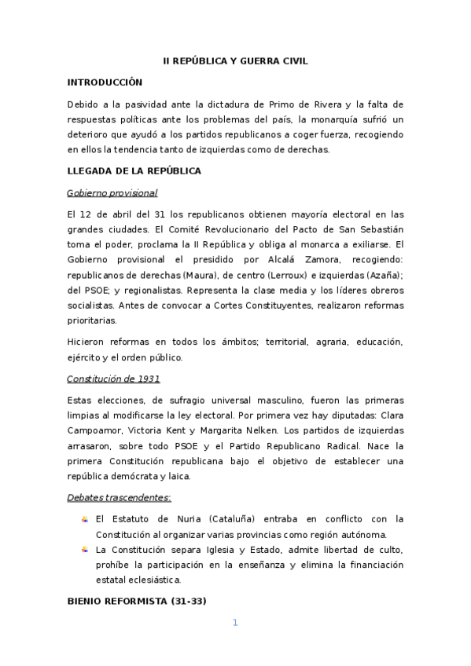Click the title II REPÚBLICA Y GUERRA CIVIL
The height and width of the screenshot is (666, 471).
click(x=235, y=60)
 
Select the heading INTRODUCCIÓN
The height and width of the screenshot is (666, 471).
click(x=105, y=81)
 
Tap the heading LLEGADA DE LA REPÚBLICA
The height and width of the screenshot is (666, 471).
click(x=134, y=170)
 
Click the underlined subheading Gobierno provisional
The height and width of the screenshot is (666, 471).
click(x=112, y=192)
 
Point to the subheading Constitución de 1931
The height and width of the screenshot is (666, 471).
click(x=113, y=379)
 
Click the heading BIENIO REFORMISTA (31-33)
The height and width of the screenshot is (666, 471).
click(x=137, y=602)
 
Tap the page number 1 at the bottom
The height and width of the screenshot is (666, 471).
click(x=235, y=623)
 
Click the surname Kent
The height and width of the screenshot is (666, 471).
click(x=183, y=431)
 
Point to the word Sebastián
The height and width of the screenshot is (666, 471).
click(x=381, y=229)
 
